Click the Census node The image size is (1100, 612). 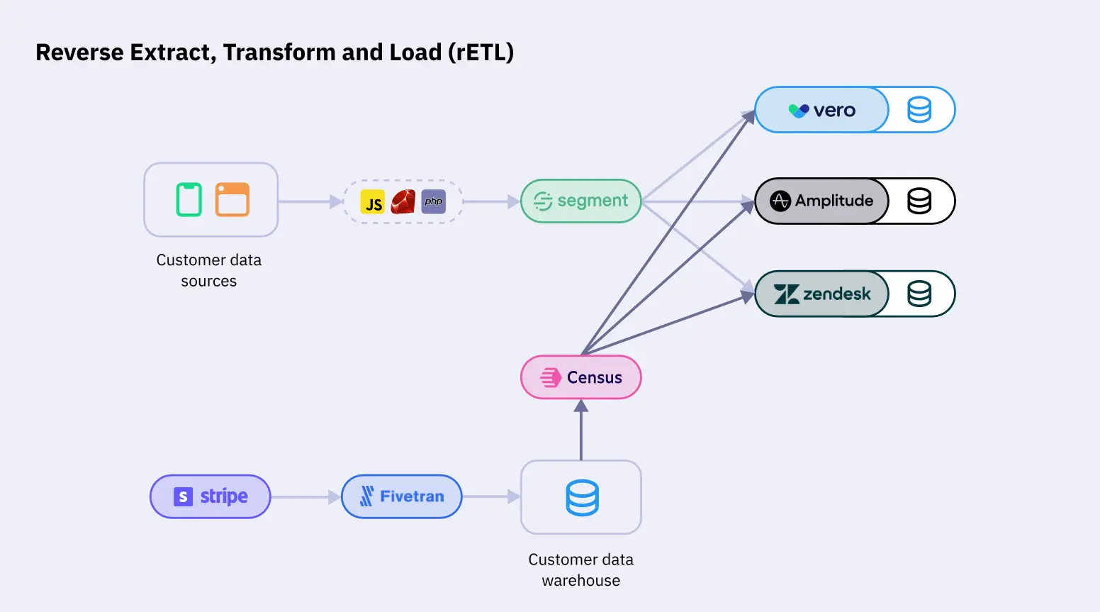coord(580,377)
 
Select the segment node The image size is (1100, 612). coord(580,201)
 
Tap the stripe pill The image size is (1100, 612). coord(211,496)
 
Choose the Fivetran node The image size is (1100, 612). coord(402,496)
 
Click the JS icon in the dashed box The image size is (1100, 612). coord(373,202)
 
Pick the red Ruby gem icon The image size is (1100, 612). coord(403,202)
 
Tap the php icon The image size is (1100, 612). coord(433,202)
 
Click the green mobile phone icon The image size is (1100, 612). coord(189,199)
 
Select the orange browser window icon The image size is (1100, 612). coord(232,199)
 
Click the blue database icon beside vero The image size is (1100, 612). coord(919,110)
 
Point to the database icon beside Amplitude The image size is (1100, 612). coord(919,201)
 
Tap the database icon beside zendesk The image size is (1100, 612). coord(919,294)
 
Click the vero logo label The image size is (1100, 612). coord(822,110)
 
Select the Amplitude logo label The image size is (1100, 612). coord(822,201)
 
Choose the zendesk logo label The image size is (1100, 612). coord(822,294)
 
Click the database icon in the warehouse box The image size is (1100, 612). coord(582,498)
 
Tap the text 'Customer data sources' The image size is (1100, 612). coord(209,270)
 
